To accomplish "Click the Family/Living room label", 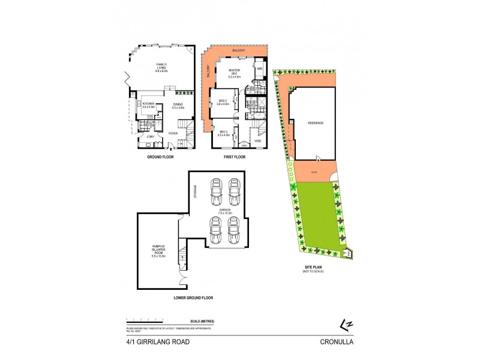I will (x=162, y=67).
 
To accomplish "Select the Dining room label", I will (x=178, y=106).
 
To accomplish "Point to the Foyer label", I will (x=173, y=133).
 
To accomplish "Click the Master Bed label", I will (x=234, y=74).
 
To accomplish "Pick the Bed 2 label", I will (x=223, y=102).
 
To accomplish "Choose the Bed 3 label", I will (x=224, y=133).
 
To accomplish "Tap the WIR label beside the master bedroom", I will (x=260, y=69).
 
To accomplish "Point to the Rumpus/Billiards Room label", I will (x=158, y=247).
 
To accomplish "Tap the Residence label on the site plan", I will (x=316, y=123).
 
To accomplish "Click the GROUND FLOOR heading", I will (x=161, y=157).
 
